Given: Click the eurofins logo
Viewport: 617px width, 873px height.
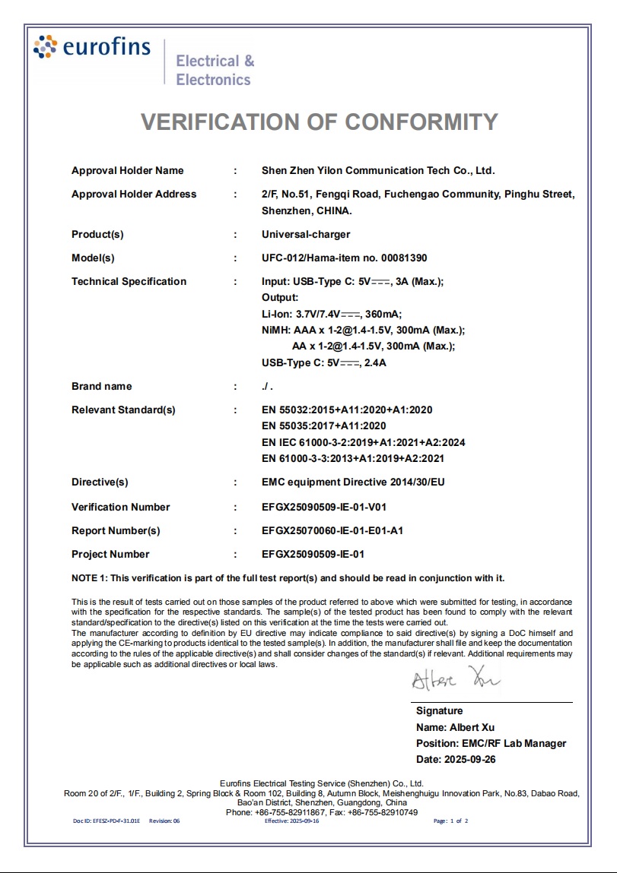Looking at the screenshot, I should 92,47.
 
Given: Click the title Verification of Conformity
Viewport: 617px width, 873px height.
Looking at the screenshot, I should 320,122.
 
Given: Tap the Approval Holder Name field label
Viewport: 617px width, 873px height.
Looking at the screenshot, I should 127,170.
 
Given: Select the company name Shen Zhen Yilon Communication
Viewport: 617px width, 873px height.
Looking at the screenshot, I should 377,170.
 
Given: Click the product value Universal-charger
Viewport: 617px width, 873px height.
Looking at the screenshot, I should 306,234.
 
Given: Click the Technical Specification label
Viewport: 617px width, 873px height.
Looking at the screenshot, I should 129,281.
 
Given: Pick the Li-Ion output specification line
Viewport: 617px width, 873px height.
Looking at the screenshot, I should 331,313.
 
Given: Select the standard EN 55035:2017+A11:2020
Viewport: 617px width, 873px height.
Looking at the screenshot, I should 323,426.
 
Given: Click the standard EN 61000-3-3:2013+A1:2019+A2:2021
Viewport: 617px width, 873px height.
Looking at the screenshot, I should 352,458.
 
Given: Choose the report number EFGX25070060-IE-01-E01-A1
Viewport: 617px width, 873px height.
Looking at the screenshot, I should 332,530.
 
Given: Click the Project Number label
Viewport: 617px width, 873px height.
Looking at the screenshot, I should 110,554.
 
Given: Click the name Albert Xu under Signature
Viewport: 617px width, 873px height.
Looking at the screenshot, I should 455,727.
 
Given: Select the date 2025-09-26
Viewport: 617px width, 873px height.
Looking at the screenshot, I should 456,759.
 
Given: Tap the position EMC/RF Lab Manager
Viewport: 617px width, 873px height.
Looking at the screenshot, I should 491,743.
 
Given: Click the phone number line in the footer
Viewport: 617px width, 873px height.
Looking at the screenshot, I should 322,812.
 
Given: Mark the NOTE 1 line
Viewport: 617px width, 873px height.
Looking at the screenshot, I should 288,578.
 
